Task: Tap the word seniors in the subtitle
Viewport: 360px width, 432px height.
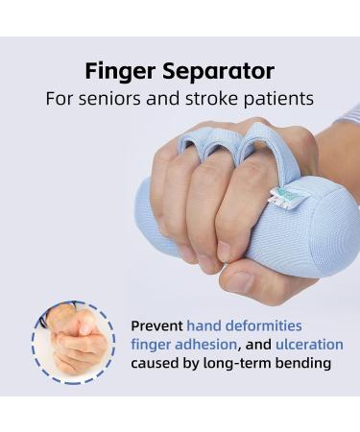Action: click(123, 99)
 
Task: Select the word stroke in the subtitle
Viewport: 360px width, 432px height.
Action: click(216, 99)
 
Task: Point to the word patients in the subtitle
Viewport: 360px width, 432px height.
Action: click(278, 99)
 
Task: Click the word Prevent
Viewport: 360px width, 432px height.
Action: click(156, 325)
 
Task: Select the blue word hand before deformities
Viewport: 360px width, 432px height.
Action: click(204, 325)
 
